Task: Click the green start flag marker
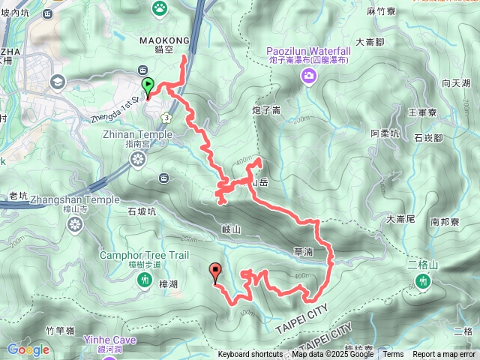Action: coord(148,86)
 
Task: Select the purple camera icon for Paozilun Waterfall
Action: coord(308,74)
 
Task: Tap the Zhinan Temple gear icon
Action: coord(137,158)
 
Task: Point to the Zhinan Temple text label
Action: coord(137,135)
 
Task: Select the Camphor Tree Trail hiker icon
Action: coord(144,280)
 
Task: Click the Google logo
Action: coord(28,349)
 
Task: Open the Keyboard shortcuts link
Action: coord(250,355)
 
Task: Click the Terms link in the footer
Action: coord(393,355)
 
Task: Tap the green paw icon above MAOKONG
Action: coord(160,8)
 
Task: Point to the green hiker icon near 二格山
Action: coord(424,281)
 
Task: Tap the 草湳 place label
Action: coord(304,253)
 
